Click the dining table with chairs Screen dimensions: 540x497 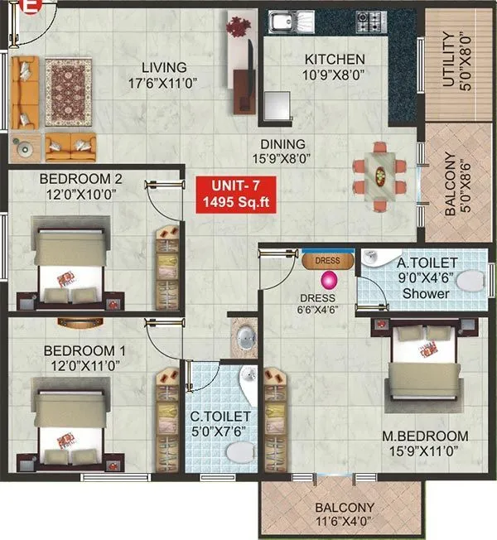(380, 175)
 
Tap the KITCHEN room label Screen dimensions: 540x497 (334, 60)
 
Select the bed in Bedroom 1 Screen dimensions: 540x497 (70, 422)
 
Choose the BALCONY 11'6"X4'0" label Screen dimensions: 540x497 (344, 515)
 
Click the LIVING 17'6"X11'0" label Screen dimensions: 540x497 (163, 75)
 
